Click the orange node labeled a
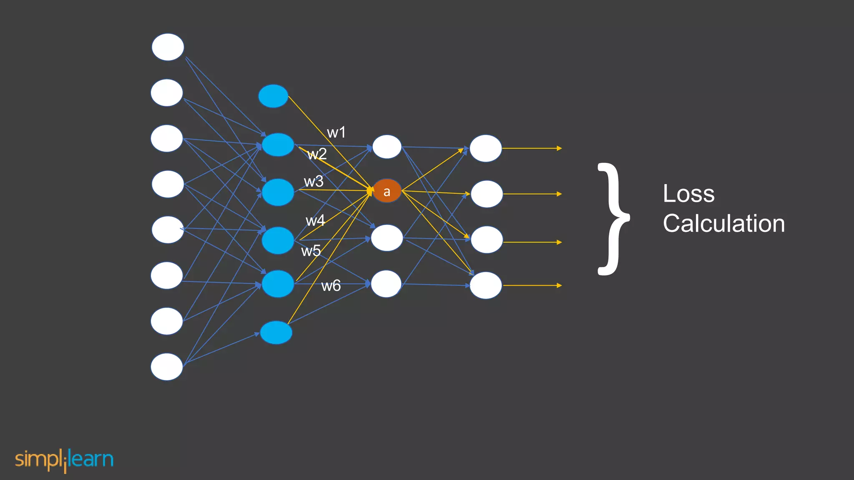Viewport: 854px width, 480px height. click(x=387, y=191)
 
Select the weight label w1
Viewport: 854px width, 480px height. click(x=336, y=132)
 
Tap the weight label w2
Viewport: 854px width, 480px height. click(x=317, y=154)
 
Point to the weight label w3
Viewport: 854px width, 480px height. click(x=314, y=182)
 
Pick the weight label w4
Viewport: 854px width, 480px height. click(x=315, y=220)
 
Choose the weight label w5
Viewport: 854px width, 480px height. click(x=311, y=251)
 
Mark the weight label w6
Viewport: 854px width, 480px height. click(x=331, y=286)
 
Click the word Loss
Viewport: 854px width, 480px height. click(x=688, y=194)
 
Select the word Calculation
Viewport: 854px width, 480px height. click(x=723, y=223)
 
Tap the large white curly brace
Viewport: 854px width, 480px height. click(x=613, y=219)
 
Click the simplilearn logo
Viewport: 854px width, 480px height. click(x=64, y=460)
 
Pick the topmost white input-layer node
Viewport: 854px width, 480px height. click(x=168, y=47)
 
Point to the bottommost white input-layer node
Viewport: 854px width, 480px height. click(x=167, y=367)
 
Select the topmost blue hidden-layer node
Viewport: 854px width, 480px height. click(x=273, y=96)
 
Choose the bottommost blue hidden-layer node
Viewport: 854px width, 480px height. click(x=276, y=332)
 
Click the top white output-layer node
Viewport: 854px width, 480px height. click(x=486, y=148)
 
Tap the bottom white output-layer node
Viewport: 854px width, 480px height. click(x=486, y=285)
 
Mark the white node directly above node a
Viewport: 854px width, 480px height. click(x=387, y=147)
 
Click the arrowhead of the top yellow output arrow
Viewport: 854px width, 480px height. click(x=559, y=148)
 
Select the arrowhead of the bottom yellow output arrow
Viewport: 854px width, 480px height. click(x=559, y=285)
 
